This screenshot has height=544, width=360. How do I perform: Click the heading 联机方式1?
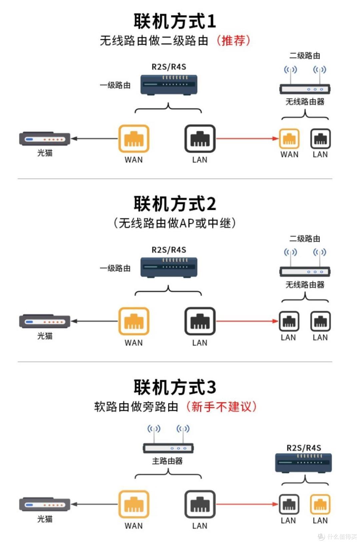pos(175,21)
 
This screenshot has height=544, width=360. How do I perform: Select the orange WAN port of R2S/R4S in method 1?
pos(134,139)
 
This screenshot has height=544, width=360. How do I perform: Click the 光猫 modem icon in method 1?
pos(44,139)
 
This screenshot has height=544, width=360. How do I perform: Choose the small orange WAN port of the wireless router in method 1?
pos(289,139)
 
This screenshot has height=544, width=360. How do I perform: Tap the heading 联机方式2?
pos(175,204)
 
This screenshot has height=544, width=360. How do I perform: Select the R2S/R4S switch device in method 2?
pos(169,267)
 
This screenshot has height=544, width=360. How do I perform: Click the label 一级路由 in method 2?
pos(115,268)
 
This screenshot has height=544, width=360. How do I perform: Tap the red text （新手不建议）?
pos(221,407)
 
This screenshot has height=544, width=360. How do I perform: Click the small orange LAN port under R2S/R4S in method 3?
pos(320,504)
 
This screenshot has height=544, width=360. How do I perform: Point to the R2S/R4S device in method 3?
pos(303,463)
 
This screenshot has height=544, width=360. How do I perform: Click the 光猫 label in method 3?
pos(45,519)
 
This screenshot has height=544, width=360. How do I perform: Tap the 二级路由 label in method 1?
pos(304,56)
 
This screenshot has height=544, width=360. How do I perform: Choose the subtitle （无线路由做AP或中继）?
pos(175,223)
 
